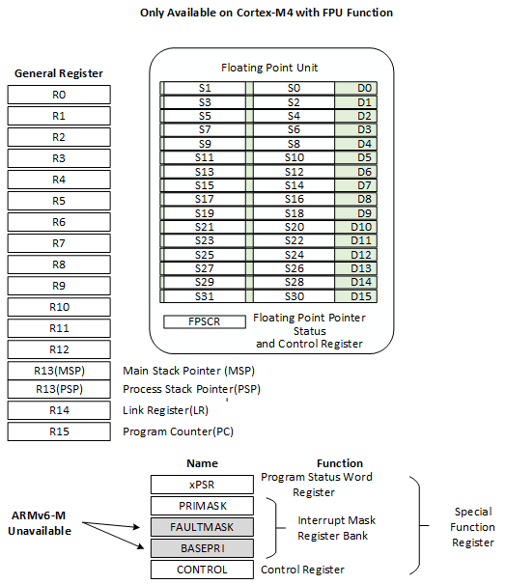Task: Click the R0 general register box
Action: tap(59, 95)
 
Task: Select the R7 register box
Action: tap(59, 243)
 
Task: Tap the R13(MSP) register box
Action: tap(59, 371)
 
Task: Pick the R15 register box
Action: tap(59, 431)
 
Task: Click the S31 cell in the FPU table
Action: tap(205, 295)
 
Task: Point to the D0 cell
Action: tap(365, 88)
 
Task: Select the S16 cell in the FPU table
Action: tap(294, 199)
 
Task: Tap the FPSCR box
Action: tap(205, 321)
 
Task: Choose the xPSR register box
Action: tap(202, 484)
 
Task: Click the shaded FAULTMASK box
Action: tap(202, 526)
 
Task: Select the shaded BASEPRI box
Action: tap(202, 547)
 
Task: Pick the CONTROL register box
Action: tap(202, 570)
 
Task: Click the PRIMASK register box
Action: tap(202, 505)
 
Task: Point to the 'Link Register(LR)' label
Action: tap(172, 411)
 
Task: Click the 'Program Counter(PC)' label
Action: tap(178, 431)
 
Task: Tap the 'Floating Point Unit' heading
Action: tap(269, 68)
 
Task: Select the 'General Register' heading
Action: tap(59, 73)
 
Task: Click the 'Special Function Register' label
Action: tap(473, 527)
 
